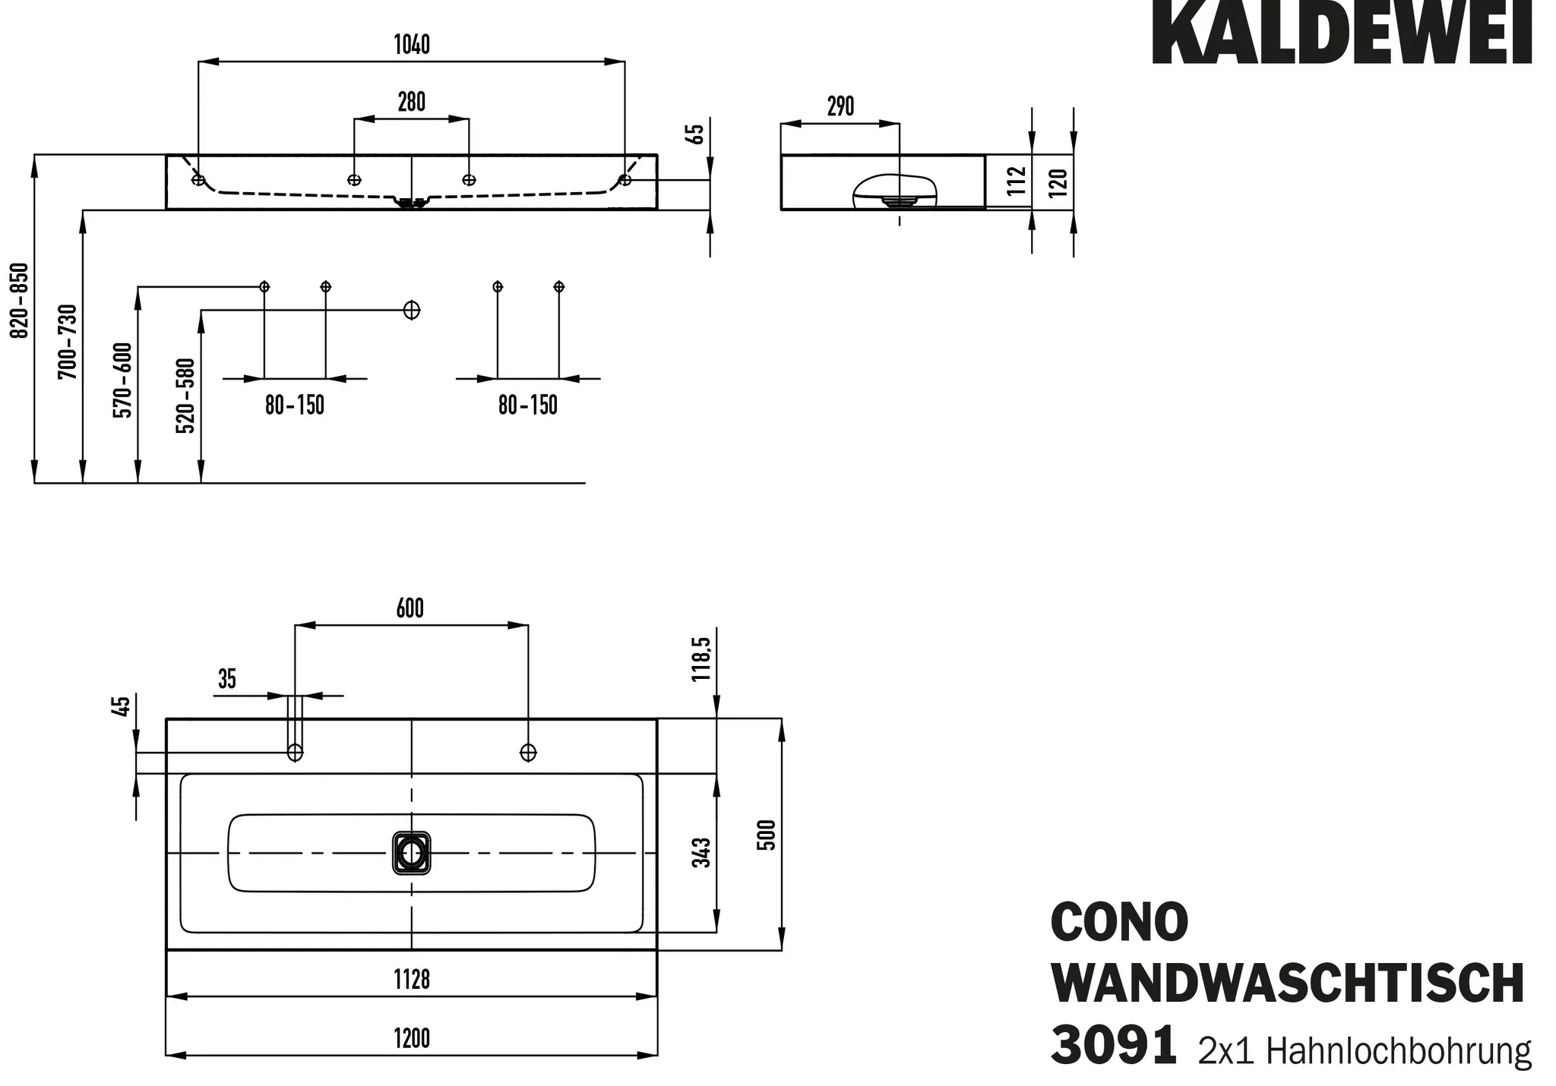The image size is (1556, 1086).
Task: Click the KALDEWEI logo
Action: (x=1342, y=33)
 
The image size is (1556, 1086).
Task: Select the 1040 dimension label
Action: (x=412, y=45)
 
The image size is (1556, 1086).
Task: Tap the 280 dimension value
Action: (x=412, y=102)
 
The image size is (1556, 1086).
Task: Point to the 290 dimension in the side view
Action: (x=840, y=106)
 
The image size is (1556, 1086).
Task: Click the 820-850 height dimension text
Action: (x=20, y=300)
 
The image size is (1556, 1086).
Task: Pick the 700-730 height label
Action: (x=68, y=342)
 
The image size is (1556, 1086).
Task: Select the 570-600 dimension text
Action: (x=122, y=380)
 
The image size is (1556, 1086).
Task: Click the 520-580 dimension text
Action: (x=185, y=396)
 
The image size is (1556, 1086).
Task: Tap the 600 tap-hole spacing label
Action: (x=410, y=608)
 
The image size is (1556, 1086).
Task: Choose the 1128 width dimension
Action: (x=412, y=980)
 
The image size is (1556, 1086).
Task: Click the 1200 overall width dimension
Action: (x=412, y=1038)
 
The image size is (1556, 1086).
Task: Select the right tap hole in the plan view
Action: (x=528, y=753)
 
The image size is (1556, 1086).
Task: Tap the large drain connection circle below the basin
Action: (x=412, y=310)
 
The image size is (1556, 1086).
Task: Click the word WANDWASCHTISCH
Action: (x=1288, y=984)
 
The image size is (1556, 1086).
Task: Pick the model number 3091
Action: (x=1114, y=1045)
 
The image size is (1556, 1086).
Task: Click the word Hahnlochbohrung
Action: (x=1399, y=1051)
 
